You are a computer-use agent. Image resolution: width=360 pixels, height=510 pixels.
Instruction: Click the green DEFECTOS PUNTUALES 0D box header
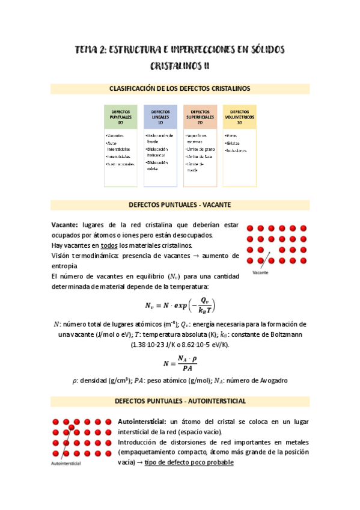coord(121,116)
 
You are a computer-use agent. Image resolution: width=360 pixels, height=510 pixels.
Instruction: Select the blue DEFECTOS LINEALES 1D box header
coord(160,116)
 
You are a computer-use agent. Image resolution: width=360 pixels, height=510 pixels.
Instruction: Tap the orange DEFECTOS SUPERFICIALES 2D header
coord(200,116)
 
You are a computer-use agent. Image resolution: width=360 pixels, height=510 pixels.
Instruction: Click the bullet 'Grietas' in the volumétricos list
coord(234,144)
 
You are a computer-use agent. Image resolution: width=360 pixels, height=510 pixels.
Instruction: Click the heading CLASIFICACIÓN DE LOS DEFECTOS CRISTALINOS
coord(180,88)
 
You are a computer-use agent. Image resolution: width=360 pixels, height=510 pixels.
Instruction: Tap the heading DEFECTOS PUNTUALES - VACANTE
coord(180,204)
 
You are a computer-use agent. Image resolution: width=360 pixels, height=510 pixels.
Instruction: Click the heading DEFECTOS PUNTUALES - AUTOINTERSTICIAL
coord(180,401)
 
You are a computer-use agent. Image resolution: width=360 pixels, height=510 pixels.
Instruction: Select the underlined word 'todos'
coord(109,245)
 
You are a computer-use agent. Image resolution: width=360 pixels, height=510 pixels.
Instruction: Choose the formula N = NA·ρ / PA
coord(180,363)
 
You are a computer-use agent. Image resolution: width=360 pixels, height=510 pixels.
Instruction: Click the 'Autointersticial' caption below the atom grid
coord(67,464)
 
